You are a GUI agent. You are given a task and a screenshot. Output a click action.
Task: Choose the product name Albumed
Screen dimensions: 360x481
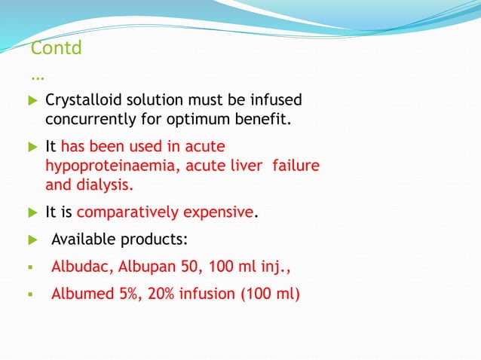pyautogui.click(x=78, y=292)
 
